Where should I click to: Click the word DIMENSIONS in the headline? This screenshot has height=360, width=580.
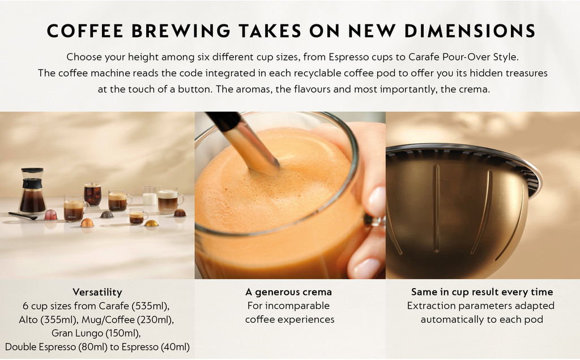pos(470,31)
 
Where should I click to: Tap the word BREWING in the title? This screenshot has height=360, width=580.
pos(181,31)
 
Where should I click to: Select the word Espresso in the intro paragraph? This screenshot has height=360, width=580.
pos(349,57)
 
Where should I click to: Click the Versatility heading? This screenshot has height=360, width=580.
pos(97,292)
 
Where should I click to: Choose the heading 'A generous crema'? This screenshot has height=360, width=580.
pos(288,292)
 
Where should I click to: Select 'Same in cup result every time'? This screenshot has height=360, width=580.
pos(482,292)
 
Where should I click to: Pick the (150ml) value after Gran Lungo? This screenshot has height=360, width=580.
pos(123,333)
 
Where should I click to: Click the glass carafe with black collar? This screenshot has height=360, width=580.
pos(32,191)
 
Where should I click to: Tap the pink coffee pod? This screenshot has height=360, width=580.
pos(50,215)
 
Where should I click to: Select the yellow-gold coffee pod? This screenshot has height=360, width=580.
pos(151,223)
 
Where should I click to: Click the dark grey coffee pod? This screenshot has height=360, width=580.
pos(107,215)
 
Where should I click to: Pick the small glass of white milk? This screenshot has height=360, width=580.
pos(150,196)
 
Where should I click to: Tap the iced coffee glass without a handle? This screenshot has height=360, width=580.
pos(92,194)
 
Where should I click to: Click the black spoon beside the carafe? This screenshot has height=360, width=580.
pos(23,216)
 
